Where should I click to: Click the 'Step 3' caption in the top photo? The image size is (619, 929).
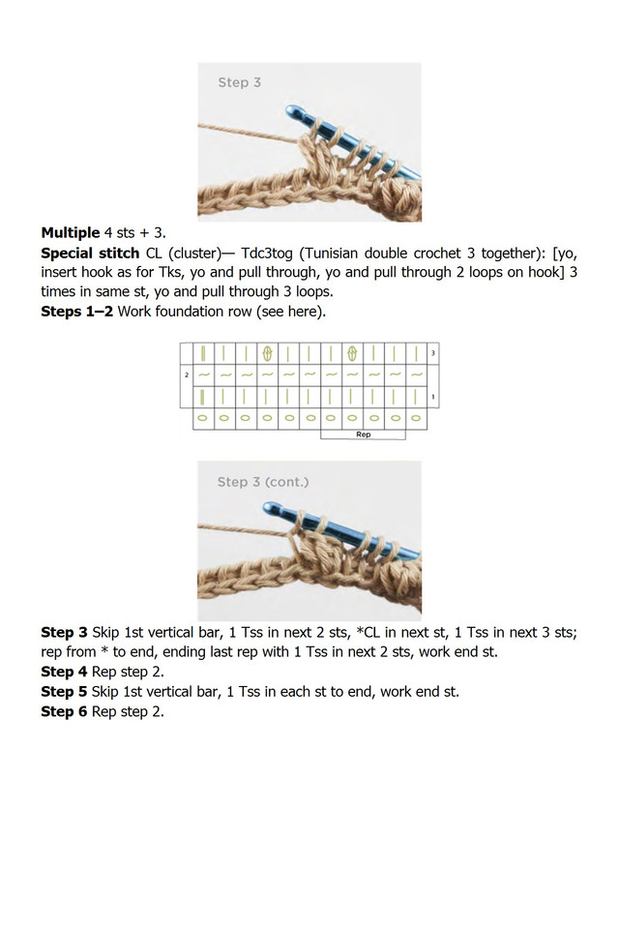[x=239, y=83]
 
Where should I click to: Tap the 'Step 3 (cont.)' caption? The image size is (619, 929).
[x=263, y=482]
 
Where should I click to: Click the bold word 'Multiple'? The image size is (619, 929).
[x=70, y=232]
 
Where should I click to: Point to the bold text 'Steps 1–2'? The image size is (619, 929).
[x=76, y=312]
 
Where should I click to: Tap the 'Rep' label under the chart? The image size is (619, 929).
[x=364, y=435]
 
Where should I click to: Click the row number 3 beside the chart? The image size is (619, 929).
[x=433, y=353]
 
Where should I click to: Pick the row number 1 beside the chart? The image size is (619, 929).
[x=433, y=397]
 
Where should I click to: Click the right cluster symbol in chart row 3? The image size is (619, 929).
[x=353, y=353]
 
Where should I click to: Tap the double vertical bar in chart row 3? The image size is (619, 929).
[x=203, y=353]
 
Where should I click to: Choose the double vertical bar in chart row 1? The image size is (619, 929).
[x=203, y=397]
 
